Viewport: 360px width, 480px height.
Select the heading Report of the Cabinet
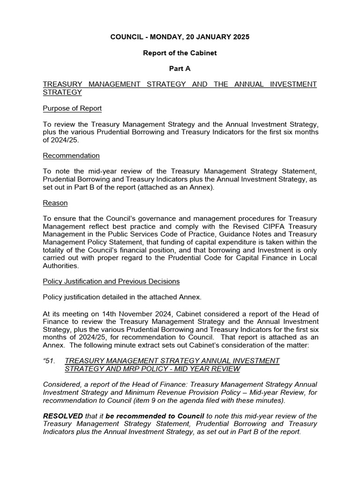click(180, 53)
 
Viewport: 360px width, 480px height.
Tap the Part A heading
click(180, 68)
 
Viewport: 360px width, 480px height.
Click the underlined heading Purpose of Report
click(72, 108)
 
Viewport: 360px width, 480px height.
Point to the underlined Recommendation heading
click(71, 156)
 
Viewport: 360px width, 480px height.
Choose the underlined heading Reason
click(55, 203)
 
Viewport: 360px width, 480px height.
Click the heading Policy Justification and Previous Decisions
click(111, 281)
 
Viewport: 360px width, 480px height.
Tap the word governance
click(151, 218)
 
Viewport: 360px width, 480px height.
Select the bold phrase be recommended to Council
click(155, 416)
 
